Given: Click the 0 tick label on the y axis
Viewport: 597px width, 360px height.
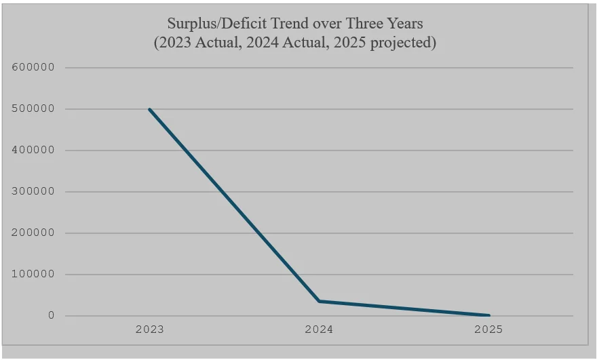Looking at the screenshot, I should point(51,316).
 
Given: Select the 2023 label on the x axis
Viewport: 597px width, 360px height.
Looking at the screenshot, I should point(149,330).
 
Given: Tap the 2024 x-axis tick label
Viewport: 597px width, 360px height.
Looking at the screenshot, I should point(319,330).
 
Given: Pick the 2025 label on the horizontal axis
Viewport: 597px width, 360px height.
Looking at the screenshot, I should point(488,330).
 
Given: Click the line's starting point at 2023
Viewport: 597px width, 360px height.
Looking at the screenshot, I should point(149,109).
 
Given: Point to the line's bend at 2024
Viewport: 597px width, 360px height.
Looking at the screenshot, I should point(319,301).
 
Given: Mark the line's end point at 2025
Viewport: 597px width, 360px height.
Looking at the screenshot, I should point(488,315).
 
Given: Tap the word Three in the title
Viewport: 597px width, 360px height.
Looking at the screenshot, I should point(362,24).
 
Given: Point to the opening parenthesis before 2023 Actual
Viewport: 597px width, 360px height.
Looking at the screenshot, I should point(155,43).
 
